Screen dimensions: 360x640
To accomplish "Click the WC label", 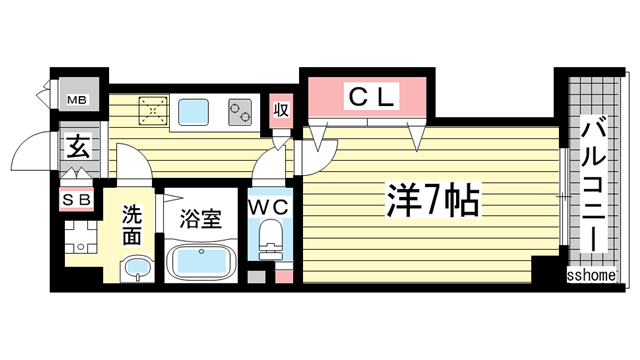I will click(x=267, y=207).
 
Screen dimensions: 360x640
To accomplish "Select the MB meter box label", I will click(x=77, y=100).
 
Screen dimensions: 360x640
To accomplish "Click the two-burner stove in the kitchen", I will click(x=240, y=112).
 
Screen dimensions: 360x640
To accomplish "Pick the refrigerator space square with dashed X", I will click(x=152, y=111).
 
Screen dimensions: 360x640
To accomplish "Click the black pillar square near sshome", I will click(x=546, y=268).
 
